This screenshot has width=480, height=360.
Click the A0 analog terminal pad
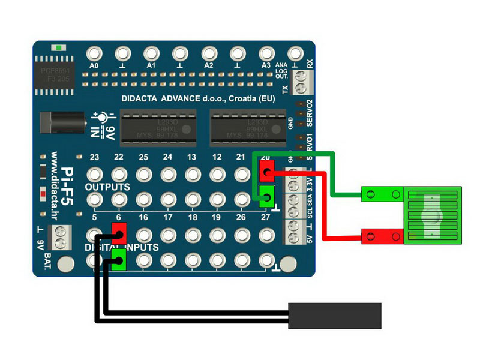tap(93, 53)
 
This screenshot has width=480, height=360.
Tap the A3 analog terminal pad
tap(266, 53)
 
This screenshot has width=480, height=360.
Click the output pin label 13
tap(191, 157)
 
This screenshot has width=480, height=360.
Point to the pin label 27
tap(266, 217)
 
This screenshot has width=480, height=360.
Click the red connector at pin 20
tap(267, 171)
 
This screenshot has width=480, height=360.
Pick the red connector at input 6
tap(119, 231)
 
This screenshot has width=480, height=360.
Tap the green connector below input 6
tap(119, 260)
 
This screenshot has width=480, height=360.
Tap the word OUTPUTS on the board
tap(107, 187)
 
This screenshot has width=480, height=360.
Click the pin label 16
tap(143, 217)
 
